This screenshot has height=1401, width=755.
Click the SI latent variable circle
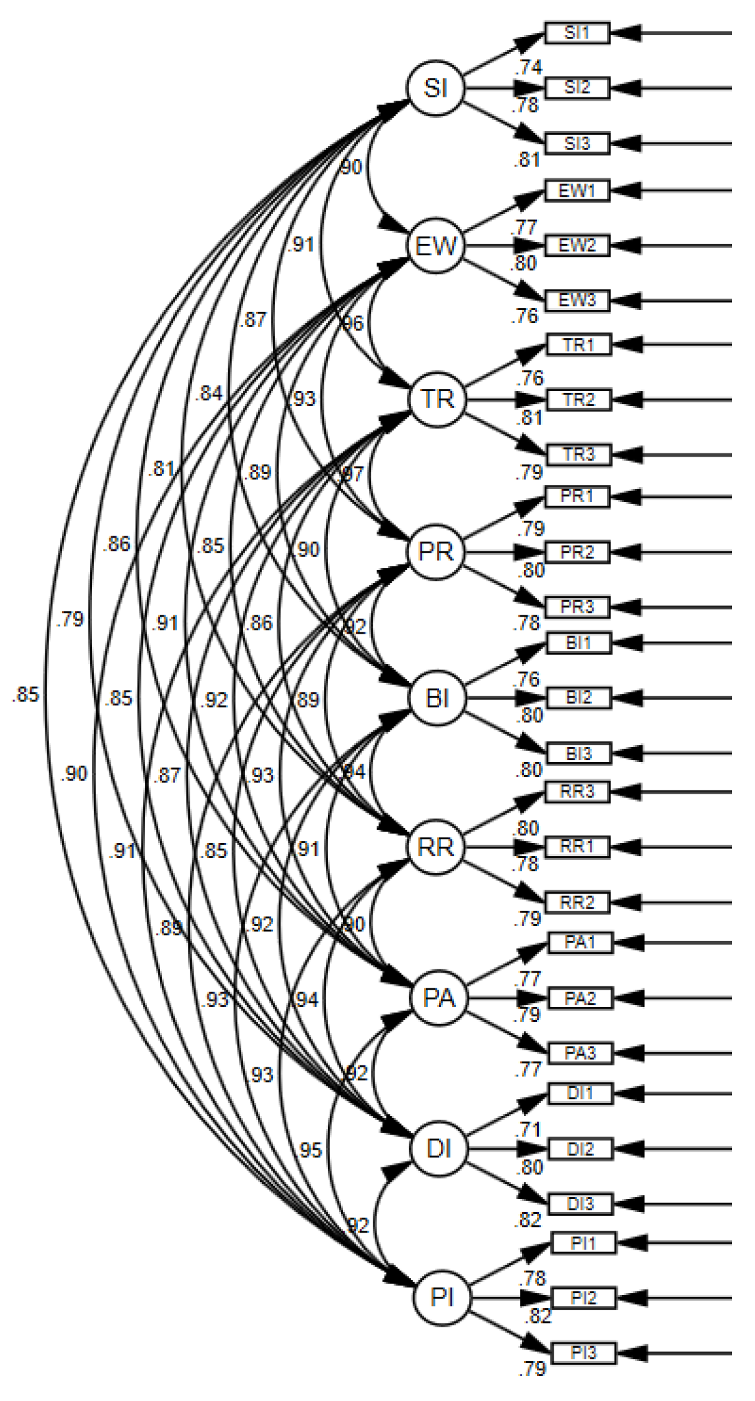(x=435, y=88)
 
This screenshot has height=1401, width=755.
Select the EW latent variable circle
(x=436, y=246)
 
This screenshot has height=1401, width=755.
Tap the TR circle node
(x=438, y=399)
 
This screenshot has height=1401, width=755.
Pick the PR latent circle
(x=436, y=551)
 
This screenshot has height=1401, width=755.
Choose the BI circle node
(x=438, y=698)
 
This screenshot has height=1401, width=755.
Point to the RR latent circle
(x=436, y=847)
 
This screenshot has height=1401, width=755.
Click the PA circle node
(x=439, y=998)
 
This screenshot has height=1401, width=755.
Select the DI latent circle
(x=439, y=1149)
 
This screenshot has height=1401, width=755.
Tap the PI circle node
(x=442, y=1298)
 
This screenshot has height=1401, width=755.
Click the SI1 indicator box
(x=577, y=32)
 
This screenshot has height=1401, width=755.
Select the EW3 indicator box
(x=577, y=301)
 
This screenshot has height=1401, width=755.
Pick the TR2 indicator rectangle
(x=579, y=399)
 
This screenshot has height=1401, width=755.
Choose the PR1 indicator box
(x=577, y=497)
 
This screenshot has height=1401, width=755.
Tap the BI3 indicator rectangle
(x=579, y=753)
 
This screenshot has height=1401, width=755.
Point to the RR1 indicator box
(x=577, y=847)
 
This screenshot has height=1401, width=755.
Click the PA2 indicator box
(x=580, y=998)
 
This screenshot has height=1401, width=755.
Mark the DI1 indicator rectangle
(x=580, y=1094)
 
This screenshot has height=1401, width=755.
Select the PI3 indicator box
(x=583, y=1353)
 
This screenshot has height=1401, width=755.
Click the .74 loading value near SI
(x=530, y=67)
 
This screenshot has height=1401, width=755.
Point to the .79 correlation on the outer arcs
(x=70, y=619)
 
